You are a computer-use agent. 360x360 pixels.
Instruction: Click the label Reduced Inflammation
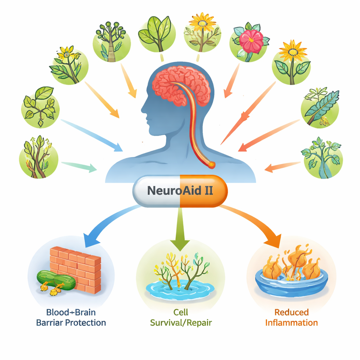click(x=291, y=317)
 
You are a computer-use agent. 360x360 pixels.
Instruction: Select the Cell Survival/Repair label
click(x=181, y=317)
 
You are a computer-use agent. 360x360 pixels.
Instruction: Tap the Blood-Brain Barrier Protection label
click(x=71, y=317)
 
